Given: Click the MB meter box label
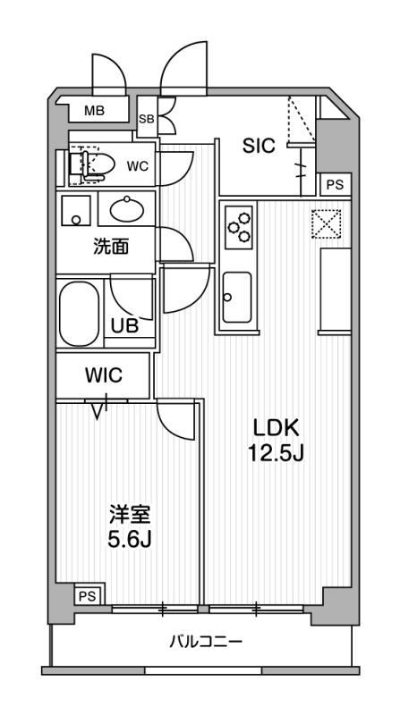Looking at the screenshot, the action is click(x=95, y=110).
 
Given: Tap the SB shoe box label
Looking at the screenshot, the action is click(x=147, y=119).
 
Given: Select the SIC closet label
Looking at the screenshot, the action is click(x=259, y=146).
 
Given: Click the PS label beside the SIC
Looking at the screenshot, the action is click(x=336, y=185).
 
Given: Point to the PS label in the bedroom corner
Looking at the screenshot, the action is click(x=89, y=597).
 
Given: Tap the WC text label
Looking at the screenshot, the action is click(x=138, y=167).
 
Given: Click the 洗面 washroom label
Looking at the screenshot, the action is click(x=111, y=247).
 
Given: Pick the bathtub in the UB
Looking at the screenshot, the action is click(x=79, y=315).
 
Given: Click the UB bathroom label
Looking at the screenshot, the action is click(x=124, y=326).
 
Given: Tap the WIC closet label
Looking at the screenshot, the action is click(x=103, y=374).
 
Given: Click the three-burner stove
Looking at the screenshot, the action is click(x=239, y=227).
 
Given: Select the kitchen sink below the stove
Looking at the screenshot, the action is click(x=237, y=298).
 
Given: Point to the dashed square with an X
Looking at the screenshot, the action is click(x=326, y=223).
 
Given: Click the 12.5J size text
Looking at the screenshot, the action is click(x=277, y=453).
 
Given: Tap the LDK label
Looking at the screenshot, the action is click(x=277, y=429).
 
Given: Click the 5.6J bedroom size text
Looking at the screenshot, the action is click(x=130, y=541).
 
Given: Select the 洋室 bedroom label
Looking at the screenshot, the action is click(x=130, y=517).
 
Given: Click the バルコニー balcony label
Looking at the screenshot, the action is click(x=206, y=643).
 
